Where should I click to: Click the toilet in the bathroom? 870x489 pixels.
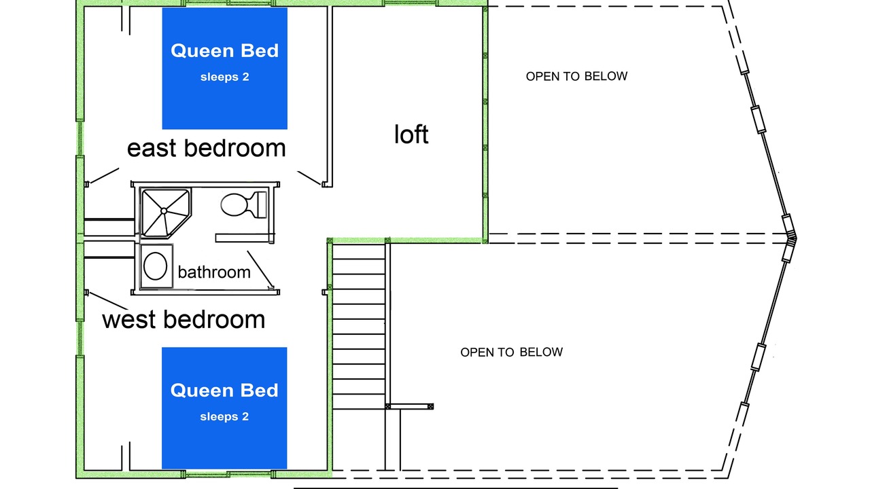pyautogui.click(x=244, y=204)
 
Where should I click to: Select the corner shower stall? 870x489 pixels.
pyautogui.click(x=166, y=213)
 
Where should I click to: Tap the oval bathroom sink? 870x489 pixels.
pyautogui.click(x=156, y=266)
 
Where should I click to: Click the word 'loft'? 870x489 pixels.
pyautogui.click(x=411, y=134)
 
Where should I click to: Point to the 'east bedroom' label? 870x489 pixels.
pyautogui.click(x=206, y=148)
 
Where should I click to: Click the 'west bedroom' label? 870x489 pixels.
pyautogui.click(x=184, y=320)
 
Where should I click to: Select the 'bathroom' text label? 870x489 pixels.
pyautogui.click(x=214, y=272)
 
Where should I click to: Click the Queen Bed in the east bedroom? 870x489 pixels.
pyautogui.click(x=224, y=69)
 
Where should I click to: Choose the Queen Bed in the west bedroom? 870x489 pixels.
pyautogui.click(x=224, y=408)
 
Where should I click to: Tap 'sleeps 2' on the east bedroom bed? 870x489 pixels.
pyautogui.click(x=224, y=77)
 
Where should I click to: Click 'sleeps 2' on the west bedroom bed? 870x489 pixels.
pyautogui.click(x=224, y=416)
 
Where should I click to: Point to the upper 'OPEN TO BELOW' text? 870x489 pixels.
pyautogui.click(x=576, y=76)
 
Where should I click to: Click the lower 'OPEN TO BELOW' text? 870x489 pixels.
pyautogui.click(x=512, y=352)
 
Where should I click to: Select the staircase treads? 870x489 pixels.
pyautogui.click(x=359, y=326)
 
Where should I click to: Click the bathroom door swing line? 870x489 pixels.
pyautogui.click(x=260, y=270)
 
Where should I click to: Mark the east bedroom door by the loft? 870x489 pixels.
pyautogui.click(x=309, y=178)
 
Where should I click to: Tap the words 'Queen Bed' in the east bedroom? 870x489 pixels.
pyautogui.click(x=224, y=51)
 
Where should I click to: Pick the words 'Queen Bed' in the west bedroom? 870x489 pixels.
pyautogui.click(x=224, y=391)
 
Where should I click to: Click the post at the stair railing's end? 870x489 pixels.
pyautogui.click(x=430, y=406)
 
